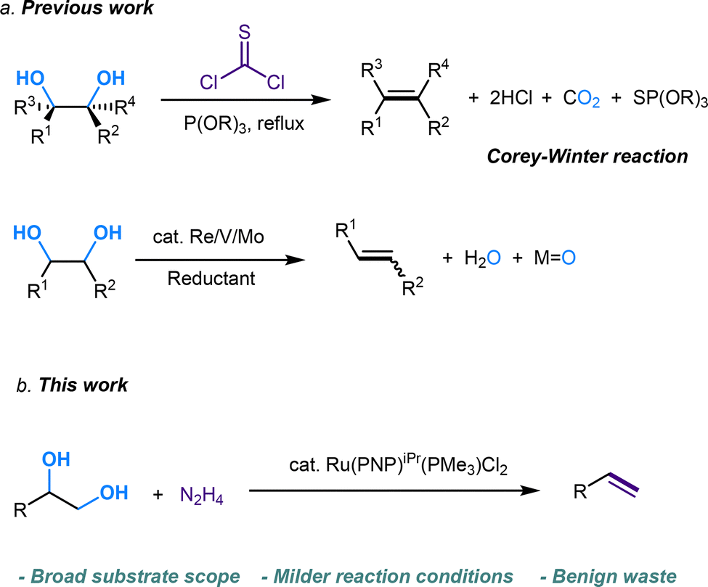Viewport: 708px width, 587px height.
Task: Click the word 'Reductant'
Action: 211,279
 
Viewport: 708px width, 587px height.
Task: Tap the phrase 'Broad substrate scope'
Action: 129,576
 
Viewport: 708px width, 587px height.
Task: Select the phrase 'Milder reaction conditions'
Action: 388,576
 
